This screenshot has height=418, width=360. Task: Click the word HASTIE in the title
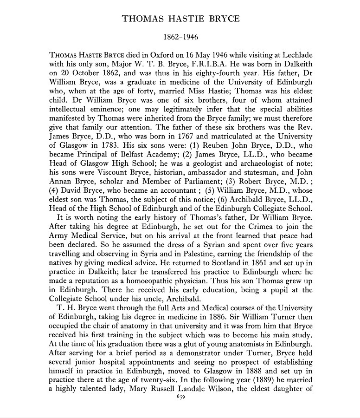(x=180, y=19)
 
